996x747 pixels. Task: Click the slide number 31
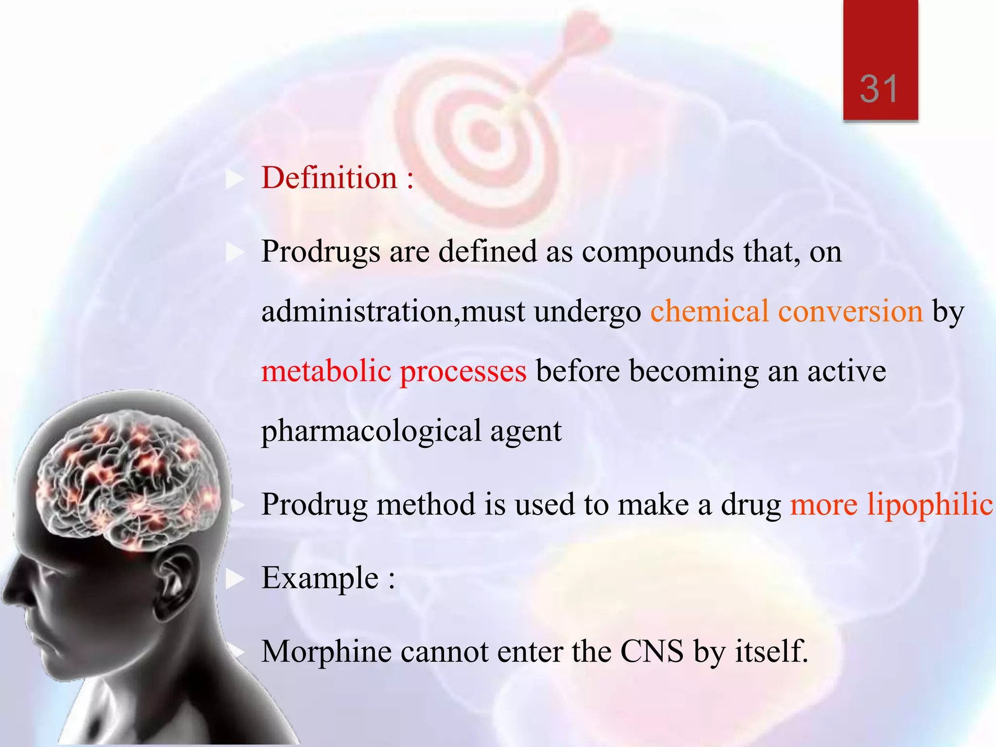(879, 89)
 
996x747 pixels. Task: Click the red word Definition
(329, 178)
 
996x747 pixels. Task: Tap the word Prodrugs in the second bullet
(321, 252)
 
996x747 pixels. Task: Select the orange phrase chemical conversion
(786, 312)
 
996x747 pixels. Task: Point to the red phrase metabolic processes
(393, 372)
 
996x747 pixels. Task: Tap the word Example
(320, 579)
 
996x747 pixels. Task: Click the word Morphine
(326, 652)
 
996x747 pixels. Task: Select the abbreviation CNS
(652, 652)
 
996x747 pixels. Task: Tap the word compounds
(658, 252)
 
